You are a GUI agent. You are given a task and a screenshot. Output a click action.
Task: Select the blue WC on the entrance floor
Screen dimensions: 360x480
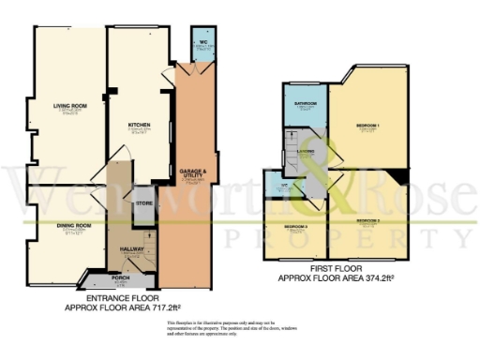[202, 43]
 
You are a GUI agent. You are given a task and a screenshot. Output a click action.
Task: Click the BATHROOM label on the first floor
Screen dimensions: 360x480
[306, 104]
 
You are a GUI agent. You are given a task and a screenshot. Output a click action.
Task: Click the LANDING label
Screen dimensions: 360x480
[304, 150]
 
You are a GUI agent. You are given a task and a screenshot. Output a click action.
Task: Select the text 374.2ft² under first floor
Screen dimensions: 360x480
[374, 279]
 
